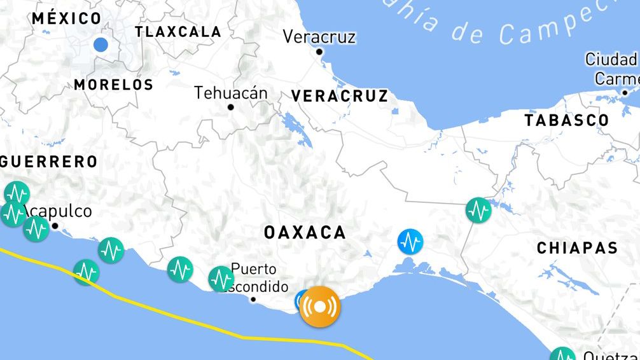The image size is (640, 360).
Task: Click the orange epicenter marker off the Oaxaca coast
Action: [320, 307]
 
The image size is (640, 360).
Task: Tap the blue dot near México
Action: [101, 45]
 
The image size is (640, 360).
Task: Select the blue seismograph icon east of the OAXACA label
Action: [410, 242]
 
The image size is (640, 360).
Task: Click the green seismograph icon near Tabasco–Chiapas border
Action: [478, 210]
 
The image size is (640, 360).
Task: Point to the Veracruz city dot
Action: [319, 52]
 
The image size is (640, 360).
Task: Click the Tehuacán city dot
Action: [231, 107]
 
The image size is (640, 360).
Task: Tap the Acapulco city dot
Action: [55, 226]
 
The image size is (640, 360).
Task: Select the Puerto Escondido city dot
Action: [253, 299]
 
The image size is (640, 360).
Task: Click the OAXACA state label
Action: [305, 233]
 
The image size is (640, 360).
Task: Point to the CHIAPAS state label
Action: [577, 248]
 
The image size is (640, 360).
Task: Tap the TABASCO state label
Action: [566, 120]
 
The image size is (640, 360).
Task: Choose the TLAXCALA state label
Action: [178, 32]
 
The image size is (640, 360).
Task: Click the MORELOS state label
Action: [114, 85]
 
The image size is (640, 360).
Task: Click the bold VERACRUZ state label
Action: [340, 96]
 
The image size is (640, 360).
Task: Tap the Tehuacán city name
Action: [231, 93]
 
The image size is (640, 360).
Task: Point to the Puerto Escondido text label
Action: [254, 277]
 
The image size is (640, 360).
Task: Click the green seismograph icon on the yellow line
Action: [86, 272]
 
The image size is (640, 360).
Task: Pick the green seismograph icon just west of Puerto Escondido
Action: [221, 279]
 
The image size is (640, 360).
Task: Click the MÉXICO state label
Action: [67, 18]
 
